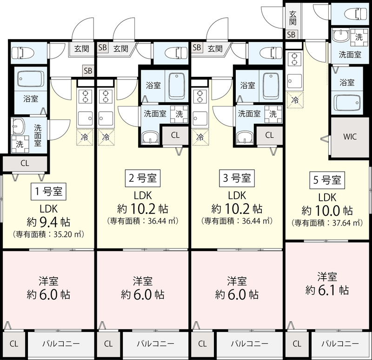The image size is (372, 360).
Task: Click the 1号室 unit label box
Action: click(48, 191)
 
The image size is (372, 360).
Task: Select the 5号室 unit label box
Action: click(327, 180)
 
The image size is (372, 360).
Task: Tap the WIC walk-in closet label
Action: click(350, 137)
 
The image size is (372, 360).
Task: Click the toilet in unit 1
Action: click(23, 53)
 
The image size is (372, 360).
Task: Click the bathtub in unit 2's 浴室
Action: click(177, 87)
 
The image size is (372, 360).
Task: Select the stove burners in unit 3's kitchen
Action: click(200, 97)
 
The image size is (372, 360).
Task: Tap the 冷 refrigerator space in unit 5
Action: click(295, 100)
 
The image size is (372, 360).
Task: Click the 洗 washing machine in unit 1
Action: click(20, 144)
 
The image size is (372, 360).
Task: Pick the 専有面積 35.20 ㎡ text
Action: click(48, 234)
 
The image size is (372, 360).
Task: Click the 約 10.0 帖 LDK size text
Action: click(327, 211)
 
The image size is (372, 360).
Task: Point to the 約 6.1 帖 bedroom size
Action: click(327, 290)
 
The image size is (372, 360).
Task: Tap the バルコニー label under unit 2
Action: click(156, 344)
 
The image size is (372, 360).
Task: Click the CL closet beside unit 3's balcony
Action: click(202, 344)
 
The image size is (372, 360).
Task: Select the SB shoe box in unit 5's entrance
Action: click(291, 34)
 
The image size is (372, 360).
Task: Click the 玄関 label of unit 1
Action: click(82, 49)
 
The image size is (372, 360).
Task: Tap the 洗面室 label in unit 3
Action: click(249, 113)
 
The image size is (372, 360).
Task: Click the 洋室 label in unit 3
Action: click(237, 281)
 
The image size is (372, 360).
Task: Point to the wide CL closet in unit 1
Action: click(25, 163)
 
